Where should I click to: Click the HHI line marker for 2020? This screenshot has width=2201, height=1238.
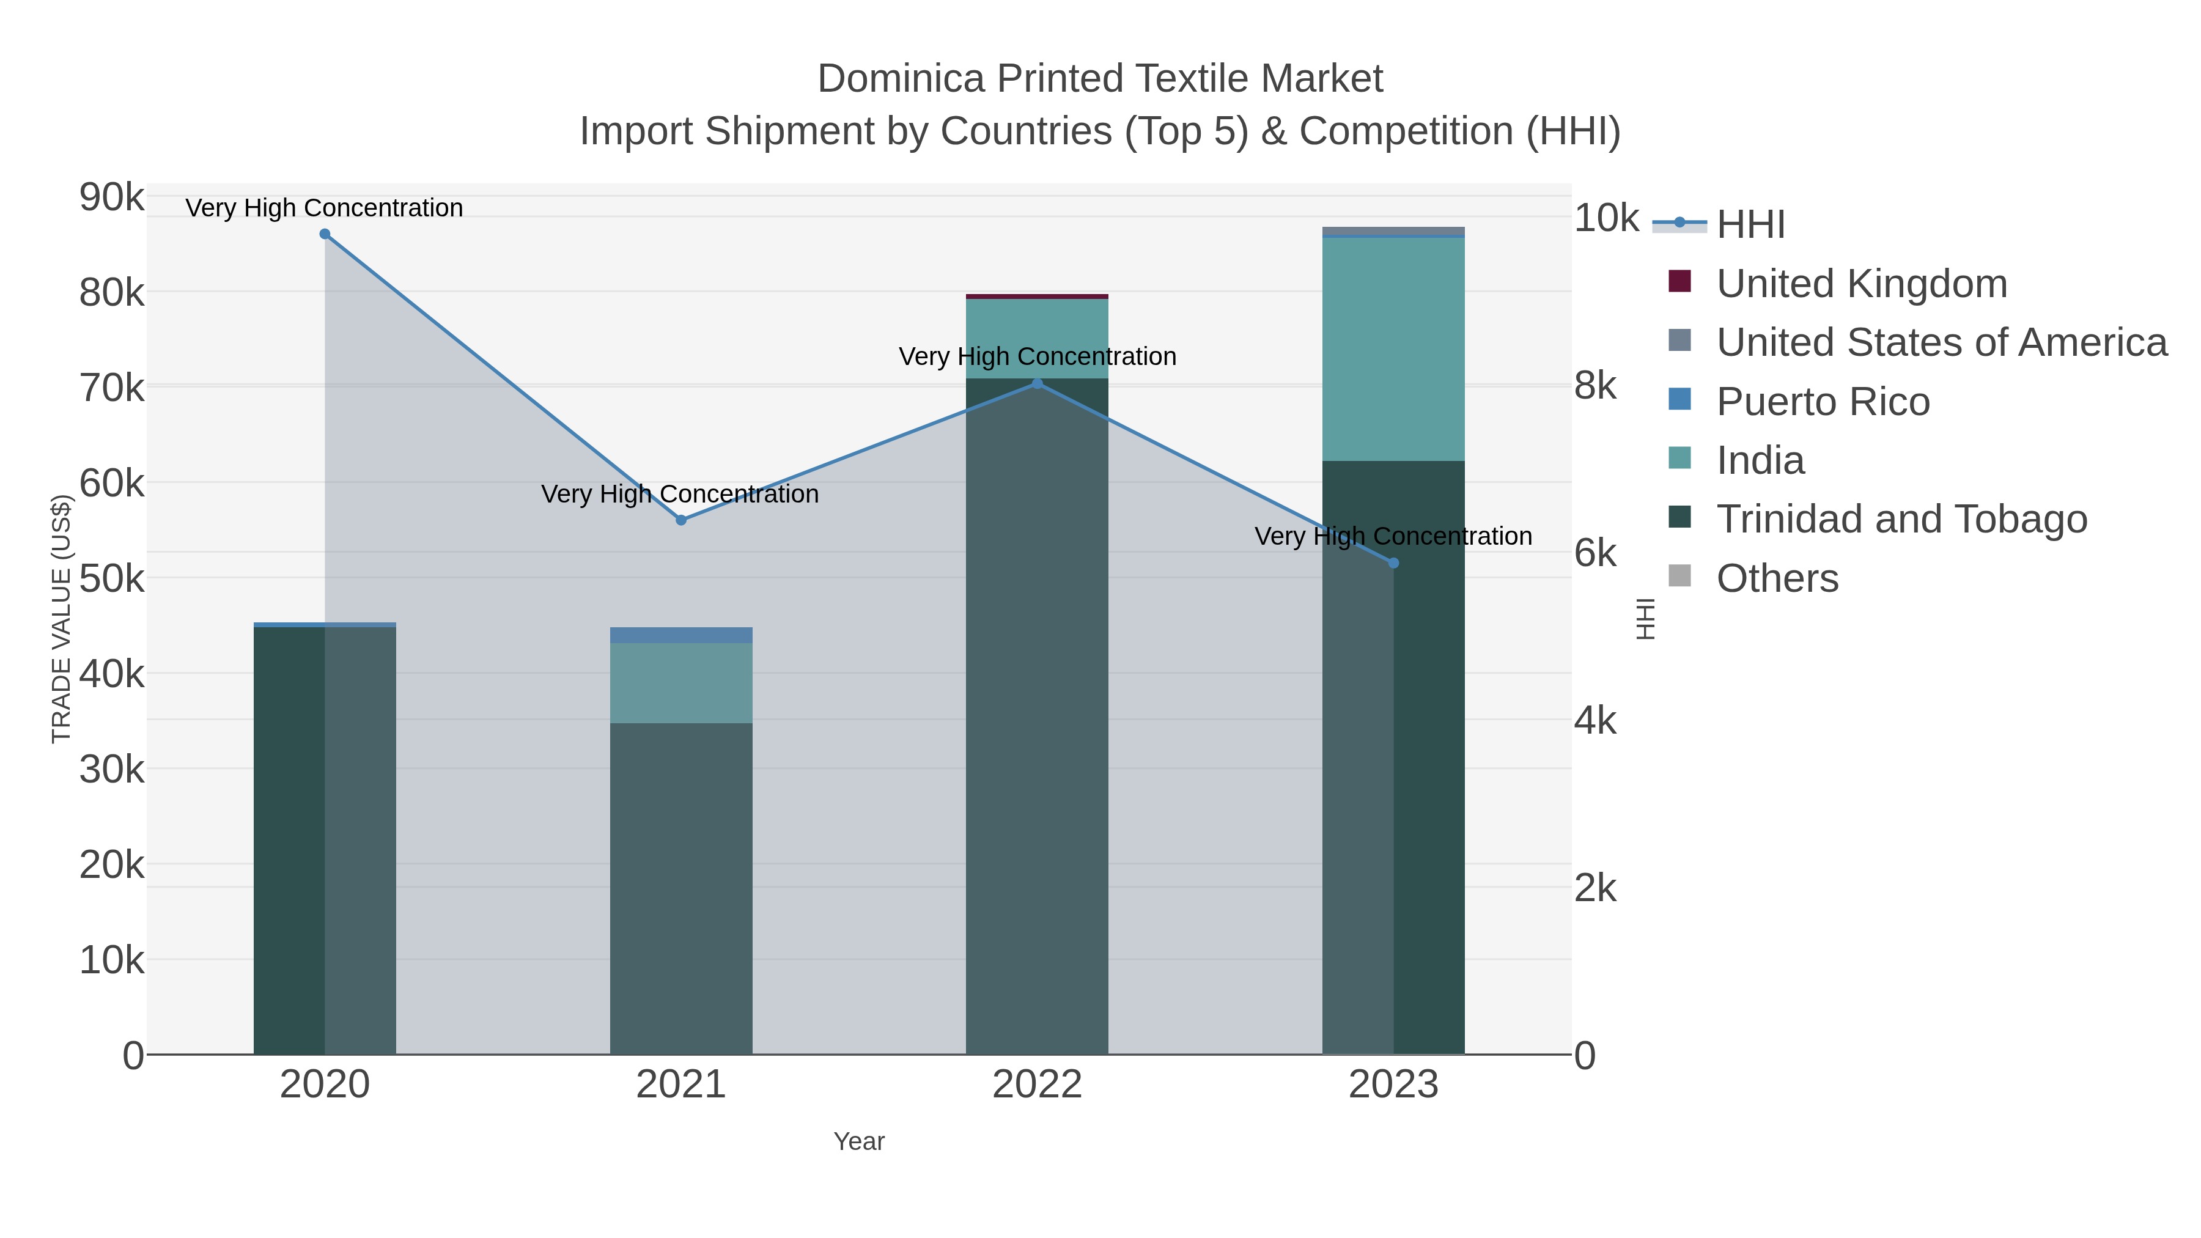pyautogui.click(x=325, y=234)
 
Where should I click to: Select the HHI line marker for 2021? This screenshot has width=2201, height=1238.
pyautogui.click(x=681, y=520)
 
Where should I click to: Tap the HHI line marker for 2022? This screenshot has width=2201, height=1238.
pyautogui.click(x=1038, y=383)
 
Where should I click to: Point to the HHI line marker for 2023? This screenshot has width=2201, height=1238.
pyautogui.click(x=1393, y=563)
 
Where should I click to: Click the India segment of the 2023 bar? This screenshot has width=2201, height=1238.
pyautogui.click(x=1393, y=350)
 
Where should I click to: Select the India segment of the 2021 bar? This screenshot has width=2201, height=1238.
pyautogui.click(x=681, y=683)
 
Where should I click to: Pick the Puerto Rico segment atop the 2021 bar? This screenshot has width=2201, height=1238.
pyautogui.click(x=681, y=635)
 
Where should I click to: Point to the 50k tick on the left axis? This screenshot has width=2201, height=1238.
pyautogui.click(x=112, y=578)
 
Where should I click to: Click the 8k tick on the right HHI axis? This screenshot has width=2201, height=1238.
pyautogui.click(x=1595, y=386)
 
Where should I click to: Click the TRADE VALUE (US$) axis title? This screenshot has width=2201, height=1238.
pyautogui.click(x=62, y=619)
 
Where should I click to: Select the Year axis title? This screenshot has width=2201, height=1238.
pyautogui.click(x=859, y=1141)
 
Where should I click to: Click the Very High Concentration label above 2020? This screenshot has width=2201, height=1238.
pyautogui.click(x=325, y=208)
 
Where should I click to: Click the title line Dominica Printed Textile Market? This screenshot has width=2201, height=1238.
pyautogui.click(x=1100, y=79)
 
